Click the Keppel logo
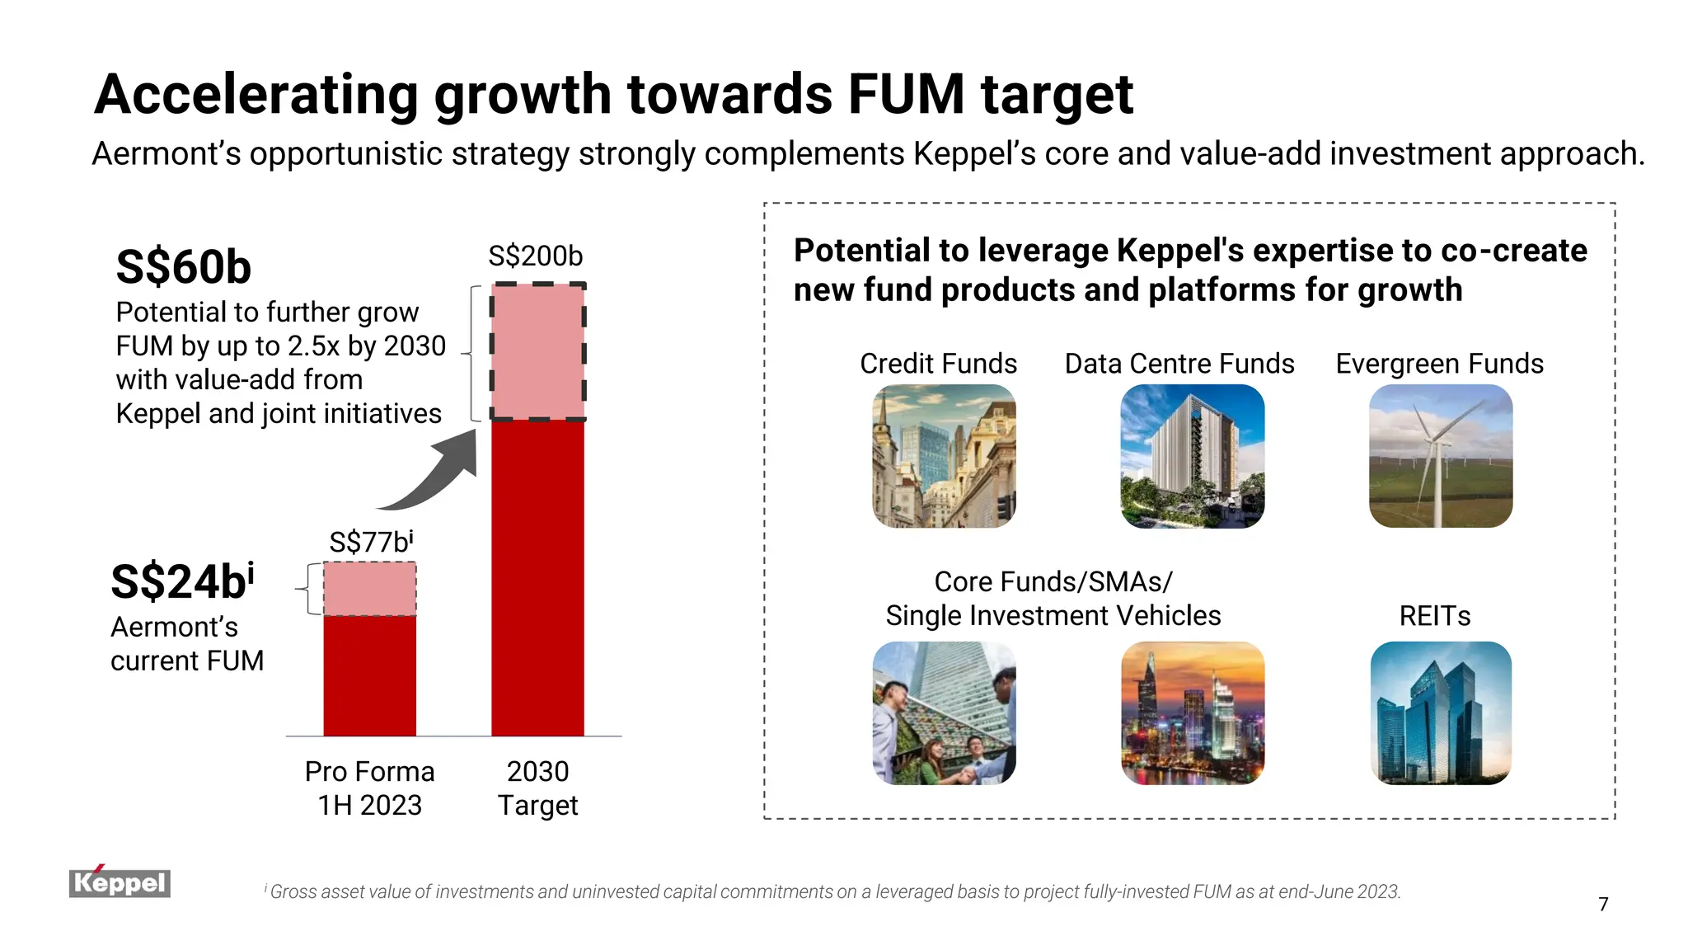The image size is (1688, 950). click(x=120, y=882)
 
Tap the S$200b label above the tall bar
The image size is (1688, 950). click(x=535, y=256)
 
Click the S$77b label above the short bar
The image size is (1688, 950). click(x=370, y=542)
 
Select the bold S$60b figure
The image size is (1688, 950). click(x=183, y=267)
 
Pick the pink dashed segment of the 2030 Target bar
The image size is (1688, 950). click(x=537, y=352)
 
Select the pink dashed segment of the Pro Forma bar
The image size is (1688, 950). click(x=369, y=589)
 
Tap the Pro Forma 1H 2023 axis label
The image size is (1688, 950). click(x=369, y=788)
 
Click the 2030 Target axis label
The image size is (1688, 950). click(x=537, y=788)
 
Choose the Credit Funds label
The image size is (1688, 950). click(x=938, y=364)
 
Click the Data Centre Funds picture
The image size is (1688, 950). click(x=1192, y=456)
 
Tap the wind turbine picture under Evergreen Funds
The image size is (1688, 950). click(x=1440, y=456)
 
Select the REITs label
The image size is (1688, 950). click(x=1434, y=616)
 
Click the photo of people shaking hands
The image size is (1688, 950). click(x=944, y=713)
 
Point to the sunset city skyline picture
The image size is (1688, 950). click(x=1192, y=713)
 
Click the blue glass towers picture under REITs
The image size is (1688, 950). click(x=1440, y=713)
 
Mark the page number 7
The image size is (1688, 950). click(x=1603, y=905)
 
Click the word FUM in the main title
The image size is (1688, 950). click(x=906, y=94)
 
